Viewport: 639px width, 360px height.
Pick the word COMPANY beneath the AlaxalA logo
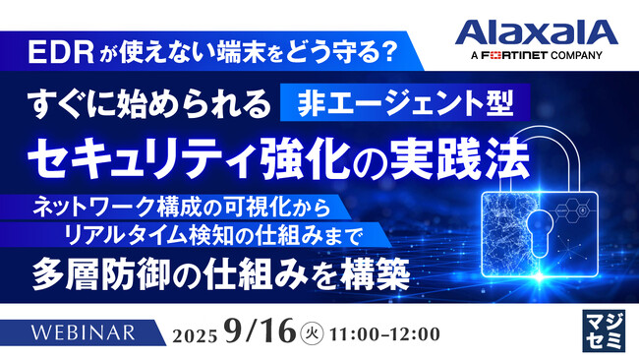click(x=583, y=58)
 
